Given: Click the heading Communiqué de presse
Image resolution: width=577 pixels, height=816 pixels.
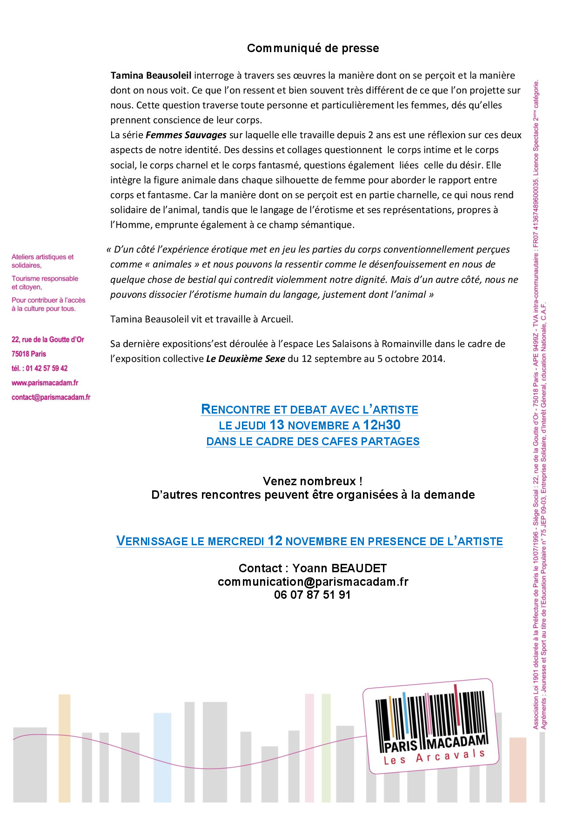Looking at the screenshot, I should pos(313,48).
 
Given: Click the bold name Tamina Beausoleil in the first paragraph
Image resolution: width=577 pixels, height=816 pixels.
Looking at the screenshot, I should pos(151,75).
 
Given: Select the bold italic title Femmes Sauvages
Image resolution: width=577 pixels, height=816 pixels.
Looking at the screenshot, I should pos(186,135).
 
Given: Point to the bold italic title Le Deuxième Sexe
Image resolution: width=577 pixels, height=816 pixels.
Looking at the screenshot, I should pos(245,359).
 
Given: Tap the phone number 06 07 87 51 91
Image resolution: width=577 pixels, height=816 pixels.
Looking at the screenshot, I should pos(312,595).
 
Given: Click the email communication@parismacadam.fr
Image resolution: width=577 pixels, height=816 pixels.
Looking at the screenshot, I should pos(313,582).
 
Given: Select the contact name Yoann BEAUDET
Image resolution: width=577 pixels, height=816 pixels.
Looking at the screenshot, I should pos(339,568).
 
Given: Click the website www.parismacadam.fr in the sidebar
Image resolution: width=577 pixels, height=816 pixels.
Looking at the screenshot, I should pos(45,383).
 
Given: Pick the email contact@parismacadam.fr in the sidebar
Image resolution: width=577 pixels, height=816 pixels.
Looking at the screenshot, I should pos(51,397).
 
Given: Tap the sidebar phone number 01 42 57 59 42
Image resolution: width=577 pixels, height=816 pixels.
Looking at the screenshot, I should pos(47,368).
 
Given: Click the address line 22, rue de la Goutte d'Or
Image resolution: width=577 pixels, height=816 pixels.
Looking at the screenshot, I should pos(48,340).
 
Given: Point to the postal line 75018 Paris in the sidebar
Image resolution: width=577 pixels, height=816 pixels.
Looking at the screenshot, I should pos(29,354).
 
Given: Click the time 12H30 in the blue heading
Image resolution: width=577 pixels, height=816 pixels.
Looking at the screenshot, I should pos(382,425).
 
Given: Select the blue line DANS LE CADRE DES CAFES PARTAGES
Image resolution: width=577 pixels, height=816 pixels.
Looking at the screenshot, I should pos(313,441).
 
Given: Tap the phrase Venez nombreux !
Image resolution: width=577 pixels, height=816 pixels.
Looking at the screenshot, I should pos(312,481).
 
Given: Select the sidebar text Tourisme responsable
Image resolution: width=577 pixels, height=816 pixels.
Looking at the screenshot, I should pos(45,279).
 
